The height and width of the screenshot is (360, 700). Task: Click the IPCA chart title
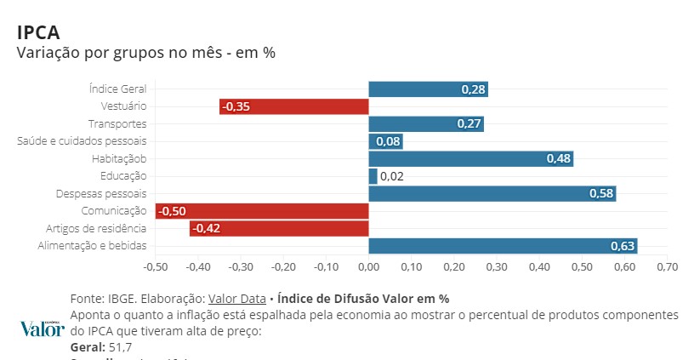tap(38, 31)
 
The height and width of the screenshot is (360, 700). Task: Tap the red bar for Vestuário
tap(293, 106)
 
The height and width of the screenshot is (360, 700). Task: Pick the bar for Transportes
tap(425, 124)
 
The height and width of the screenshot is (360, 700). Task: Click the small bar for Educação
tap(373, 176)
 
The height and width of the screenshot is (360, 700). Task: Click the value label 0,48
tap(559, 159)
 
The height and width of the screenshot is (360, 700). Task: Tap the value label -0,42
tap(206, 229)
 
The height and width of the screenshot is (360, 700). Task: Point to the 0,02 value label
tap(392, 177)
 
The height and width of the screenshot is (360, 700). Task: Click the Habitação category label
tap(119, 159)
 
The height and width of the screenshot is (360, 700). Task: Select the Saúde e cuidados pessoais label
tap(83, 141)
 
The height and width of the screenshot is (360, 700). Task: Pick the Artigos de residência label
tap(96, 228)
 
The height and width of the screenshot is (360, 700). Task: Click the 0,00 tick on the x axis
tap(368, 267)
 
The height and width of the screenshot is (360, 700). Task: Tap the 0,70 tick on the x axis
tap(668, 267)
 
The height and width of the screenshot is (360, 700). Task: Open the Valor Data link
tap(237, 299)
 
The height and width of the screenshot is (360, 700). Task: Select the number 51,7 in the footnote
tap(119, 347)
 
